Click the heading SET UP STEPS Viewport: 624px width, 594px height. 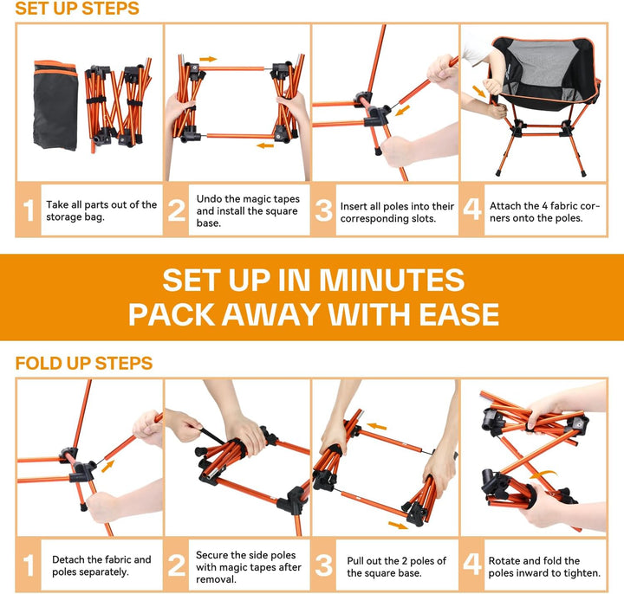point(77,9)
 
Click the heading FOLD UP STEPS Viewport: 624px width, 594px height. point(84,364)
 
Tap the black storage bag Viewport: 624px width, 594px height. point(55,106)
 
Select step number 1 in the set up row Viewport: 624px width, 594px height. point(29,210)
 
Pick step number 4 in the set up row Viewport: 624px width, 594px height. point(472,210)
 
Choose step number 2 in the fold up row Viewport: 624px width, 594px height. point(177,565)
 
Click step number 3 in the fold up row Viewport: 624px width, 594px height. point(324,565)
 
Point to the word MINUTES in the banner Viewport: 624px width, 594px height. point(392,280)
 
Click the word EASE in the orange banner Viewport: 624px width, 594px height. point(458,314)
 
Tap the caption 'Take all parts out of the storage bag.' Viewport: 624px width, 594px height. point(101,210)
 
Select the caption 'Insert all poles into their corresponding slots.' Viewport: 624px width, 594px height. point(397,212)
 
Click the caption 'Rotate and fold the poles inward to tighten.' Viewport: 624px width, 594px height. point(544,566)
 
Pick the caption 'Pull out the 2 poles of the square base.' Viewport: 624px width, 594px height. point(396,566)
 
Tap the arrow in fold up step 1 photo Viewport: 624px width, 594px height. point(107,466)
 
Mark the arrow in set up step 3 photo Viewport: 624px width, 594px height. point(403,110)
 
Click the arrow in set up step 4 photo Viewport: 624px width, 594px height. point(479,92)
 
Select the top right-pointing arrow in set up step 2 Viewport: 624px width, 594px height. point(208,59)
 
